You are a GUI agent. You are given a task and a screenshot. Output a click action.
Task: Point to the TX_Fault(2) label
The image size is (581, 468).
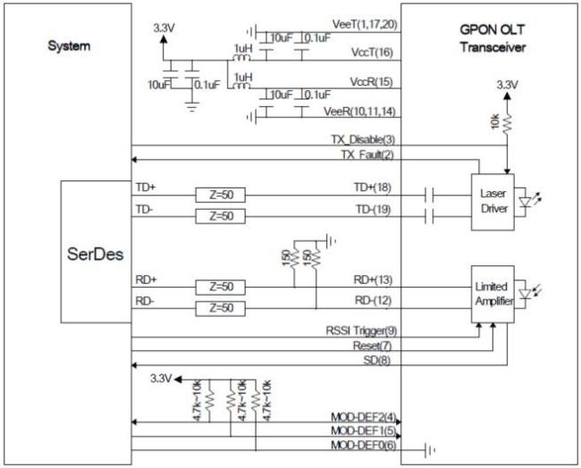coord(365,154)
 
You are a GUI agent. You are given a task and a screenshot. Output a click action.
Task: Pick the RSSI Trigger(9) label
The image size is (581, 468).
coord(358,330)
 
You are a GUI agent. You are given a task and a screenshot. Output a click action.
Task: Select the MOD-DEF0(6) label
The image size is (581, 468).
coord(361,446)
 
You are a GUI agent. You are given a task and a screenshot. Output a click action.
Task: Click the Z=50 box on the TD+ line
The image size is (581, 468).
coord(220,195)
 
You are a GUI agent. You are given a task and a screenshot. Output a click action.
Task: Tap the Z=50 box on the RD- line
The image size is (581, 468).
coord(220,307)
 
